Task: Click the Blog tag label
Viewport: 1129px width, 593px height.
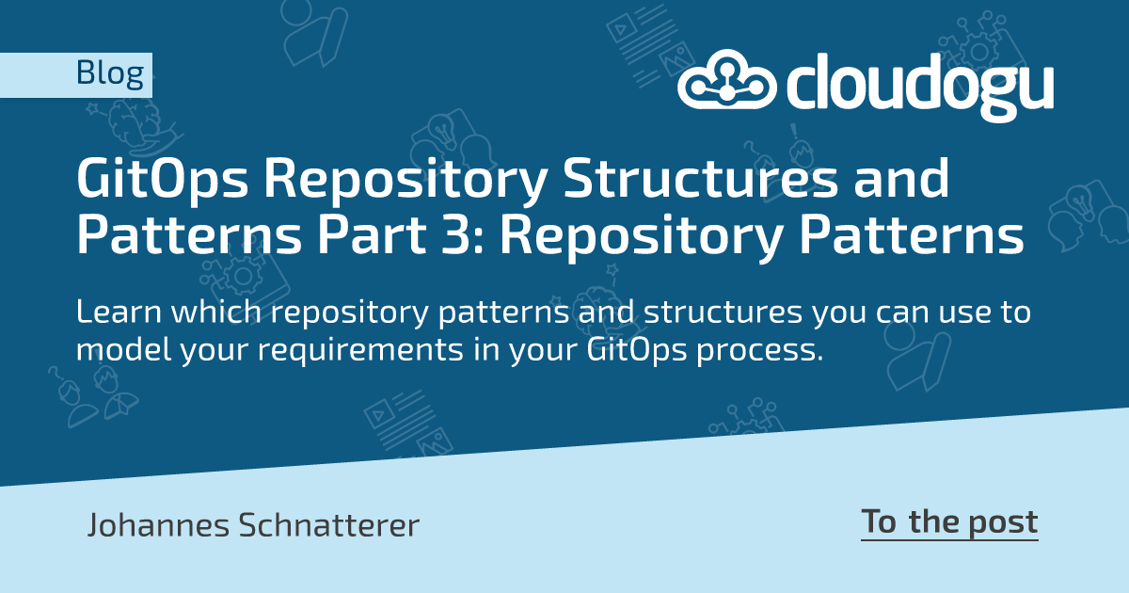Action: point(109,73)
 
